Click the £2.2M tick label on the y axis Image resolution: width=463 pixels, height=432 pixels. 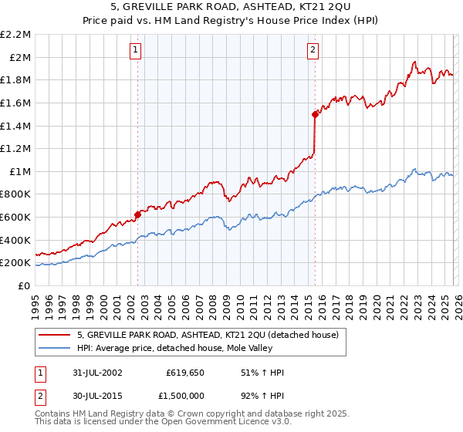[15, 35]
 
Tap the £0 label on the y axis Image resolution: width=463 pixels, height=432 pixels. [24, 285]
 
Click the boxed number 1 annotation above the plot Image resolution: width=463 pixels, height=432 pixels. [136, 51]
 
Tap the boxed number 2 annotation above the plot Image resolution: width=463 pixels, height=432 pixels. [313, 51]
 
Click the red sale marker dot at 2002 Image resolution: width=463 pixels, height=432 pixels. [138, 215]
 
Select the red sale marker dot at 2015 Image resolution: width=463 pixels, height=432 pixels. [315, 114]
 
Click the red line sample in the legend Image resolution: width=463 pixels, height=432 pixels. [55, 335]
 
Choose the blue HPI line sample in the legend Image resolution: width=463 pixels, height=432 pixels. [55, 348]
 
